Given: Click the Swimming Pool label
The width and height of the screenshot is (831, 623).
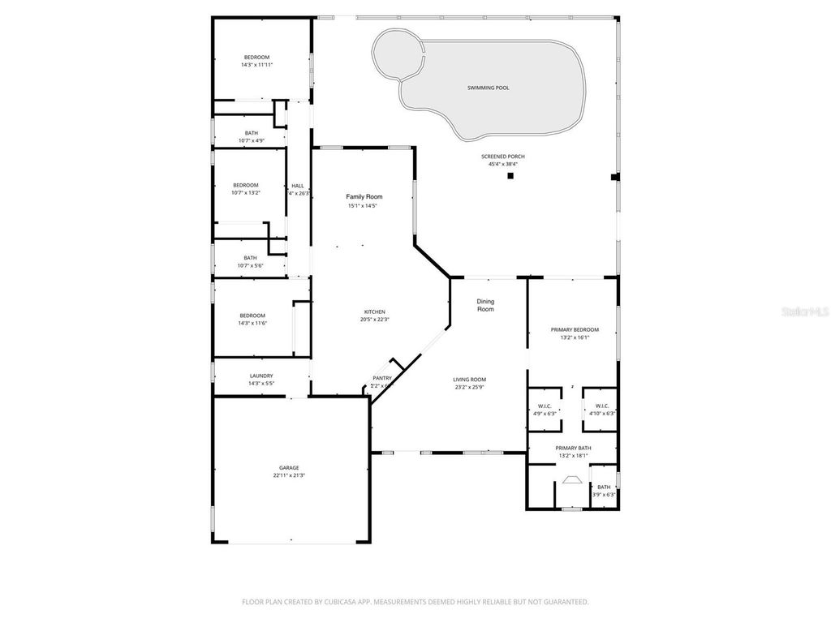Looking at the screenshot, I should click(x=488, y=88).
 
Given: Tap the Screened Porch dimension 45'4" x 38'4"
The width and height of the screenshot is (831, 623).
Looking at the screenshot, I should click(x=502, y=164).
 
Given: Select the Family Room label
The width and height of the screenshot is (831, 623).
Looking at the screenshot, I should click(x=364, y=197).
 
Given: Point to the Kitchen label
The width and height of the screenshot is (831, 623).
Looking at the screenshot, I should click(x=374, y=311).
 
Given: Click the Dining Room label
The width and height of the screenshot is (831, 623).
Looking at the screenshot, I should click(x=485, y=305).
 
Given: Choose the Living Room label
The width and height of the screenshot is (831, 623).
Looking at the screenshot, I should click(x=470, y=380).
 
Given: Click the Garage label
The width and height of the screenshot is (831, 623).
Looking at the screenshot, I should click(x=289, y=467).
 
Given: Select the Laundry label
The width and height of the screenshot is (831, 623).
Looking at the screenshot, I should click(x=260, y=376).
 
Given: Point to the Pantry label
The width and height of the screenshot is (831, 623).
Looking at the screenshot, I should click(x=382, y=378).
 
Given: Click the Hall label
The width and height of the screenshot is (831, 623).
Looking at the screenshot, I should click(x=298, y=185).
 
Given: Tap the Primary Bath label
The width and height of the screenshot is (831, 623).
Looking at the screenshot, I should click(x=573, y=448).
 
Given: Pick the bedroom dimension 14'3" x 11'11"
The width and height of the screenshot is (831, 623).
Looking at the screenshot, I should click(x=256, y=65).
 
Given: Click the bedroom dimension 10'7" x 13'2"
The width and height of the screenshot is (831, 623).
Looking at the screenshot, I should click(x=245, y=192).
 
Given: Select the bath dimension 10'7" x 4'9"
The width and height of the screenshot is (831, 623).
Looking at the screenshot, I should click(x=252, y=140).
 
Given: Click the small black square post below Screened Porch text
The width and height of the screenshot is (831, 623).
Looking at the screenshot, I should click(x=510, y=176).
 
